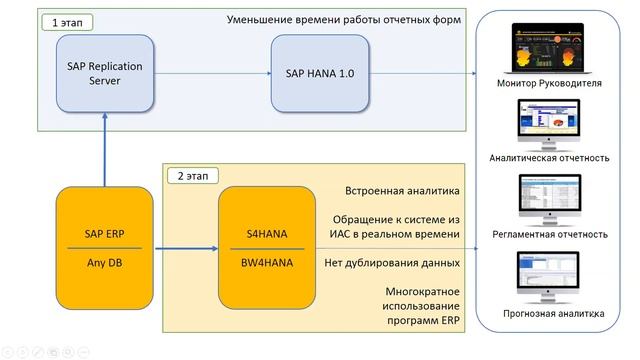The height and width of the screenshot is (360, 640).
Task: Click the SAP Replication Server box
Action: click(105, 73)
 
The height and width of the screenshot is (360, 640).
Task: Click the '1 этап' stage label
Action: click(62, 21)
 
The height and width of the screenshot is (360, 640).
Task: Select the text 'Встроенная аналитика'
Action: click(401, 190)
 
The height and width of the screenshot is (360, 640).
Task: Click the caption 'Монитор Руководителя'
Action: click(550, 83)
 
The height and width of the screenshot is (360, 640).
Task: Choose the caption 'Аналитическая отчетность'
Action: click(550, 158)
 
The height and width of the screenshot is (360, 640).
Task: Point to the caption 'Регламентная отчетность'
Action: click(550, 234)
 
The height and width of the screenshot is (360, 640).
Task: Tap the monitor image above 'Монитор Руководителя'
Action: click(549, 48)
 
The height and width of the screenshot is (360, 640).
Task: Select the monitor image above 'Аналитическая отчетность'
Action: click(549, 124)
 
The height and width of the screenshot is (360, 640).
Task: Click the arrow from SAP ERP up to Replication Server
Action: click(105, 150)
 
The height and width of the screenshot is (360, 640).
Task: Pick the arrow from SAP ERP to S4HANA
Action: click(186, 249)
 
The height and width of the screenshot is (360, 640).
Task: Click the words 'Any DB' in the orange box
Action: click(105, 265)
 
